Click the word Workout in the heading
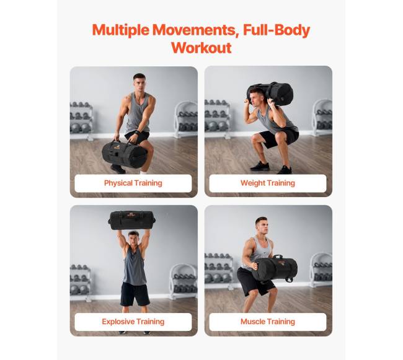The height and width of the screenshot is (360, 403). (201, 48)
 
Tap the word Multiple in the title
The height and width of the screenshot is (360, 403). (120, 30)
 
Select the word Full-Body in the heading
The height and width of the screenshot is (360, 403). (277, 30)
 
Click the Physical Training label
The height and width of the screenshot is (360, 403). (133, 183)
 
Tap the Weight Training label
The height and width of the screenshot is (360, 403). (268, 183)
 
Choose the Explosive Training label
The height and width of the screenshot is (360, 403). (133, 322)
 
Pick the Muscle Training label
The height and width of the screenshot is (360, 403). (268, 322)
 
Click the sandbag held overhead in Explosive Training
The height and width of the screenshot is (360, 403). (132, 221)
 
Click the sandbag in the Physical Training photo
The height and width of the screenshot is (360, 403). (125, 154)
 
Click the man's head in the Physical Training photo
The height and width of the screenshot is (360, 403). (139, 82)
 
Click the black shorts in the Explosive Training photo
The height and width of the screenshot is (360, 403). (135, 294)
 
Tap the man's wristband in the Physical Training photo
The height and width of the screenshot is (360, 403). (136, 133)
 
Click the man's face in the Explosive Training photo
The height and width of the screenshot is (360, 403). (133, 239)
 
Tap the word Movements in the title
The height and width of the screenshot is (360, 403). (194, 30)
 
